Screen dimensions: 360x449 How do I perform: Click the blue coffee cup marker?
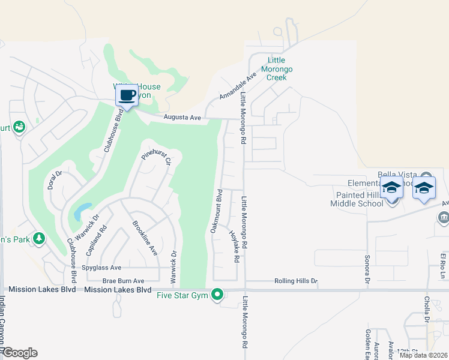click(127, 96)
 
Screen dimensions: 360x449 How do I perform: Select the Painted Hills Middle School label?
click(356, 199)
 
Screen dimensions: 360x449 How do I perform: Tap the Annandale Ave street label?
click(238, 86)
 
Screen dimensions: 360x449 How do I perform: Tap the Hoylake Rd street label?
click(234, 246)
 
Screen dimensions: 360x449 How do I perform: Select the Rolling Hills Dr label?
click(295, 281)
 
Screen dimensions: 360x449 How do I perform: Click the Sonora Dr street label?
click(366, 266)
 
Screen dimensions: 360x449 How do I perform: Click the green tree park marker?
click(39, 239)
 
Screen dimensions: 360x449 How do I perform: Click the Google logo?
click(19, 353)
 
